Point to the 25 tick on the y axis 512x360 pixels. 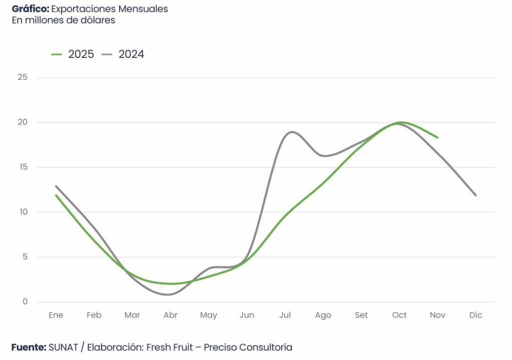[x=22, y=77]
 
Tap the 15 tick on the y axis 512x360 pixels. [x=22, y=167]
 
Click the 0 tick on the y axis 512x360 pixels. [x=24, y=302]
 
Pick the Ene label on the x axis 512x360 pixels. [x=56, y=315]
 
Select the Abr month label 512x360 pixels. [x=170, y=315]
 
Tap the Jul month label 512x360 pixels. [x=285, y=315]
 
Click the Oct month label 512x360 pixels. [x=399, y=315]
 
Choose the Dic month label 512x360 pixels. [x=475, y=315]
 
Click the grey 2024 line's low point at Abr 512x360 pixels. [x=169, y=294]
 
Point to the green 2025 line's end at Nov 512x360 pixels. [x=438, y=137]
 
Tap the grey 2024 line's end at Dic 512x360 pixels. [x=475, y=195]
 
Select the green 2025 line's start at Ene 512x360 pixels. [x=56, y=195]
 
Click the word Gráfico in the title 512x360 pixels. [x=30, y=9]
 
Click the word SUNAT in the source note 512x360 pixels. [x=63, y=347]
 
